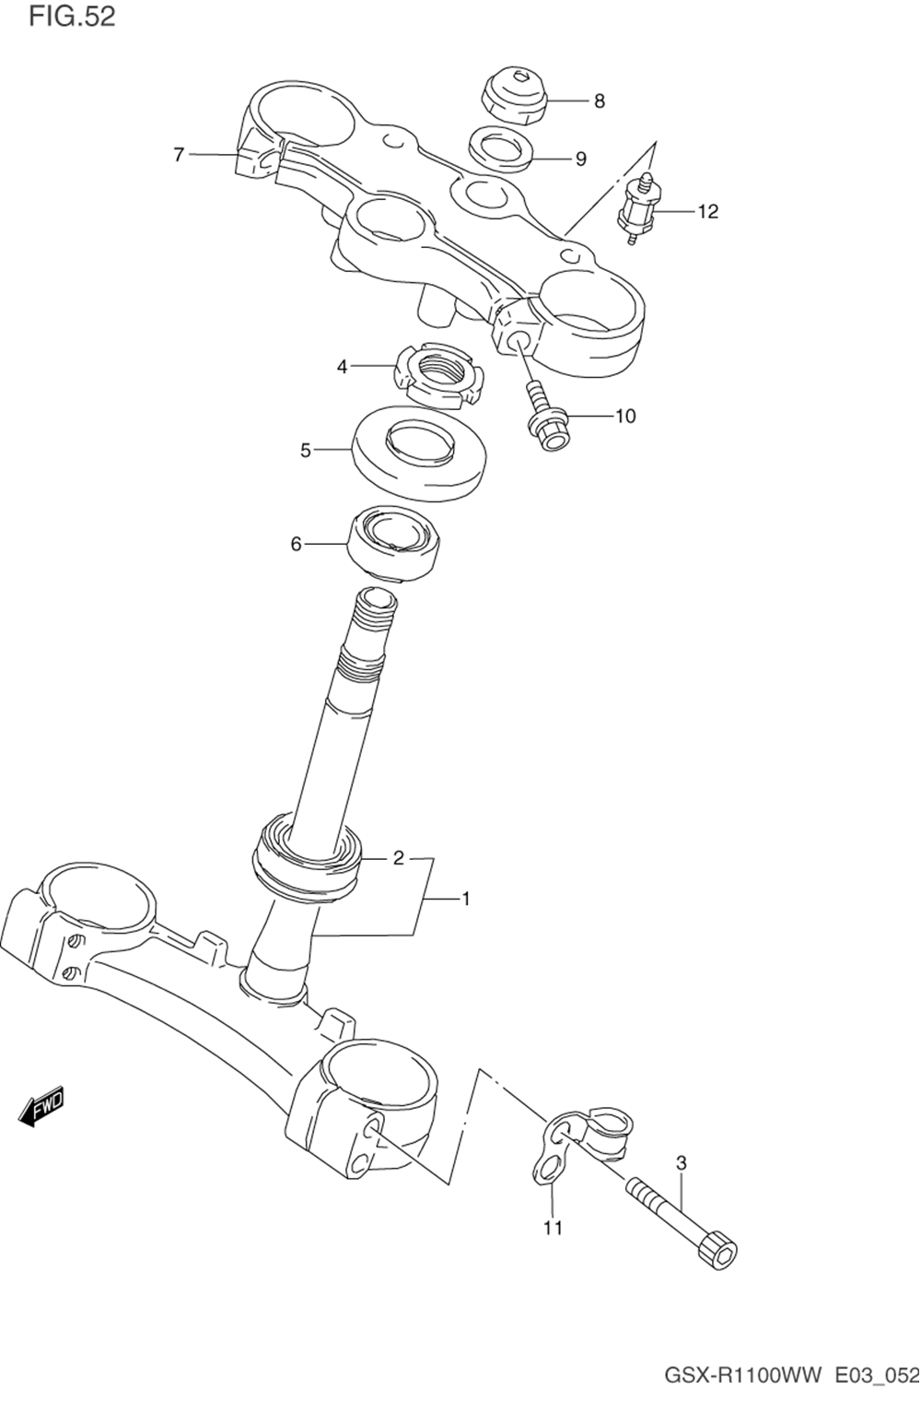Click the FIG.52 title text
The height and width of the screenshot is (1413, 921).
click(x=72, y=17)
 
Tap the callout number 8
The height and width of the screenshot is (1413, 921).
click(x=599, y=101)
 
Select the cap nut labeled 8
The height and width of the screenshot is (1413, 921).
click(x=514, y=96)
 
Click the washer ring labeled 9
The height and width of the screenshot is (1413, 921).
click(x=500, y=149)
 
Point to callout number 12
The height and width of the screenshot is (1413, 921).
click(x=708, y=211)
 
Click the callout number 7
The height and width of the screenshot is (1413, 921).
click(x=179, y=154)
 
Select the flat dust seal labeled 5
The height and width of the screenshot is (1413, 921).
click(x=418, y=453)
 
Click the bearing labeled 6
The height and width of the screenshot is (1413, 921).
click(x=394, y=543)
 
